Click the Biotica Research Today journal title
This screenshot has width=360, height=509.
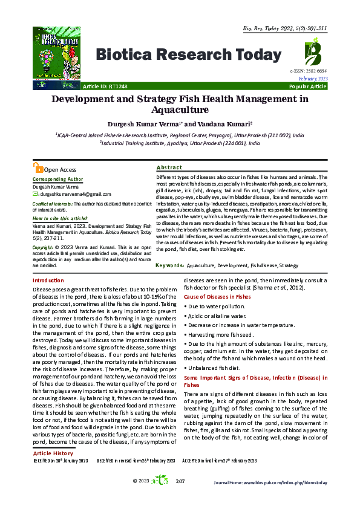pos(185,56)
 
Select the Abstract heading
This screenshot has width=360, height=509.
pos(169,167)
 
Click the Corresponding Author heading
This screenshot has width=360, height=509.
pos(58,180)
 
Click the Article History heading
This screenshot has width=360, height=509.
pos(54,453)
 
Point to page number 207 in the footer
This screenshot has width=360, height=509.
pos(180,481)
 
